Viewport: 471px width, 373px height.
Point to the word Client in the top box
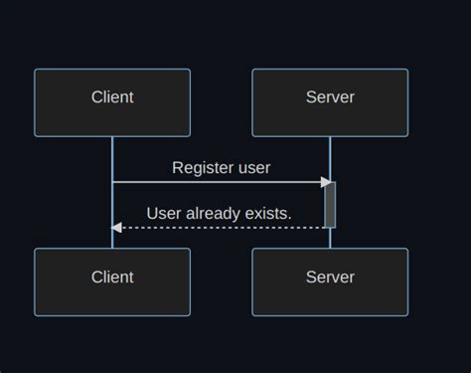pos(112,97)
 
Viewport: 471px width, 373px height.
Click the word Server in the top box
pos(330,97)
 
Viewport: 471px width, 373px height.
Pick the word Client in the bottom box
pos(112,277)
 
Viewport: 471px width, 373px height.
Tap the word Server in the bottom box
pos(330,277)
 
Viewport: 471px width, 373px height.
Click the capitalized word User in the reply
pos(165,213)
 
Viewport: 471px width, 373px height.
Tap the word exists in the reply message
pos(269,213)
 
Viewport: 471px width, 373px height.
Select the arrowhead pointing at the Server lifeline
pos(325,182)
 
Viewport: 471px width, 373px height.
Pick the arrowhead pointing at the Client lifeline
pos(116,228)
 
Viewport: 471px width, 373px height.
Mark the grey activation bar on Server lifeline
pos(330,205)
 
